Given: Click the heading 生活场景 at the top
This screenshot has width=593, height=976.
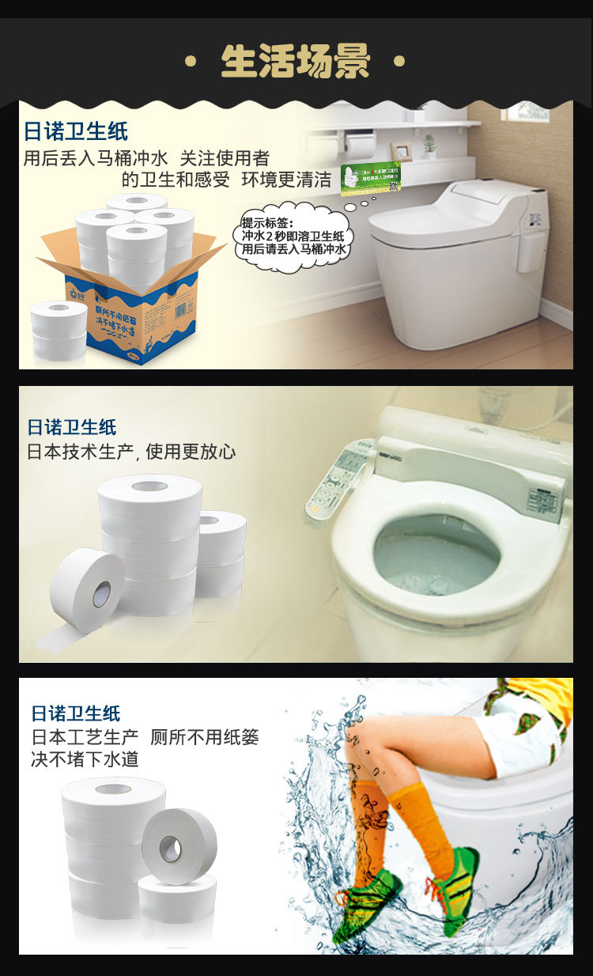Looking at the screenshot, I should click(x=296, y=62).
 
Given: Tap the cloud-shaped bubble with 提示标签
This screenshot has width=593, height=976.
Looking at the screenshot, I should click(x=294, y=236).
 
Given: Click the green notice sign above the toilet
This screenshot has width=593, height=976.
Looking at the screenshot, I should click(x=370, y=176).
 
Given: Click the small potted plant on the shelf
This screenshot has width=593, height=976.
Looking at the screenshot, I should click(x=429, y=145).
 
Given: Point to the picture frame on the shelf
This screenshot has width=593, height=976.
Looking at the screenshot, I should click(x=402, y=150).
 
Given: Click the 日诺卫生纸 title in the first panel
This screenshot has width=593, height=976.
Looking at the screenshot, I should click(x=76, y=131).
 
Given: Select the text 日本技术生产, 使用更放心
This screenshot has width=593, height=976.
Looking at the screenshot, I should click(x=131, y=452).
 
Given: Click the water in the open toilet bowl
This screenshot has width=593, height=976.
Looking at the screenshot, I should click(x=436, y=553).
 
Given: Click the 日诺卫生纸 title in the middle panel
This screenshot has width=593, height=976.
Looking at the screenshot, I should click(x=72, y=427).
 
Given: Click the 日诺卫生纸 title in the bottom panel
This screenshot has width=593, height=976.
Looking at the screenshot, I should click(x=76, y=713).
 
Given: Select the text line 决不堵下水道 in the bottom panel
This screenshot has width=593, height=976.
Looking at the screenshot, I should click(x=85, y=759).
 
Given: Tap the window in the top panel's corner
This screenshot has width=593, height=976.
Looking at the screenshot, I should click(x=527, y=111).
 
